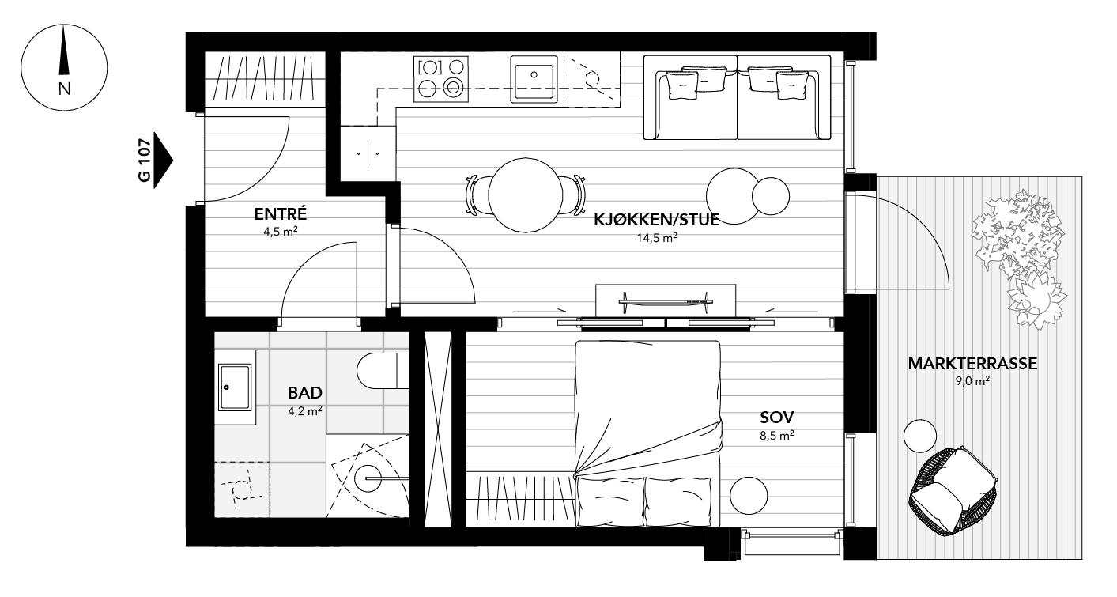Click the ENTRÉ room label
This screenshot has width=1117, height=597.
280,213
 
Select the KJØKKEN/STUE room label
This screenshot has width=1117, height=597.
657,220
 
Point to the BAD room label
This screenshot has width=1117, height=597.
304,392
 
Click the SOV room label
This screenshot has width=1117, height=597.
776,417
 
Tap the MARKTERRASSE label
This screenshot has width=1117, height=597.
972,364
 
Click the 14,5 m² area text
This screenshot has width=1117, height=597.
658,237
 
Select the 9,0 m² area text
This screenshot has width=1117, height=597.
972,381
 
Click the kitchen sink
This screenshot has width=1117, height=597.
534,79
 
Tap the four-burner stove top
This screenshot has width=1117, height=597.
441,79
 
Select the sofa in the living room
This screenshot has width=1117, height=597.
737,97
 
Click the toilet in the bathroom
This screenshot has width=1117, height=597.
383,370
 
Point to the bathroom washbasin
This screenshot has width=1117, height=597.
235,387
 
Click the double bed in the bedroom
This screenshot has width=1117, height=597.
647,431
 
